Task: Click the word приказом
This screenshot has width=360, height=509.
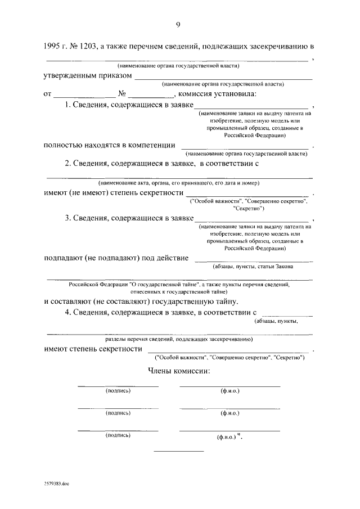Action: coord(116,75)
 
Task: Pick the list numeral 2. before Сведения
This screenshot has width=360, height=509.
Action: coord(67,164)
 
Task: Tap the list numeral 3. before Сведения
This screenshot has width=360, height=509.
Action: coord(67,218)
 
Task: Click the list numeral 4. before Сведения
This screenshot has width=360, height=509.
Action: coord(67,312)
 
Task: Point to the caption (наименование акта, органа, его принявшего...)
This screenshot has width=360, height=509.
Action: coord(178,183)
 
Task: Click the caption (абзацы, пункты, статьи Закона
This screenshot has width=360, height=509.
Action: coord(253,267)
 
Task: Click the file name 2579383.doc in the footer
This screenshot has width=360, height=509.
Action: coord(56,483)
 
